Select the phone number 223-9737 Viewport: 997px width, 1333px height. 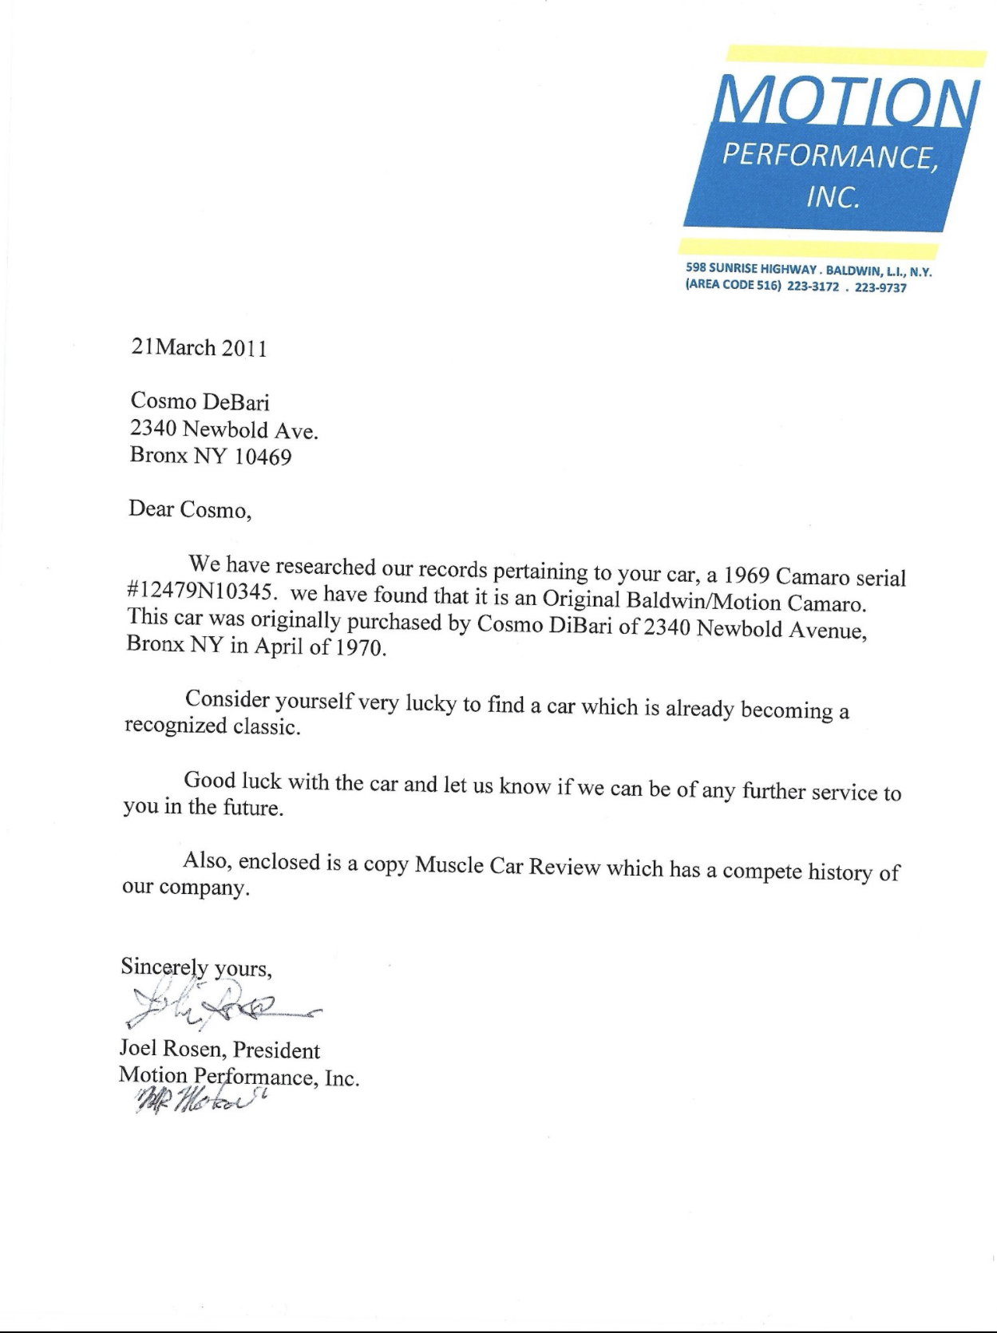(880, 287)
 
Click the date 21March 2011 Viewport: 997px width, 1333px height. (197, 348)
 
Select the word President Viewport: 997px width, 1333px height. (276, 1050)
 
